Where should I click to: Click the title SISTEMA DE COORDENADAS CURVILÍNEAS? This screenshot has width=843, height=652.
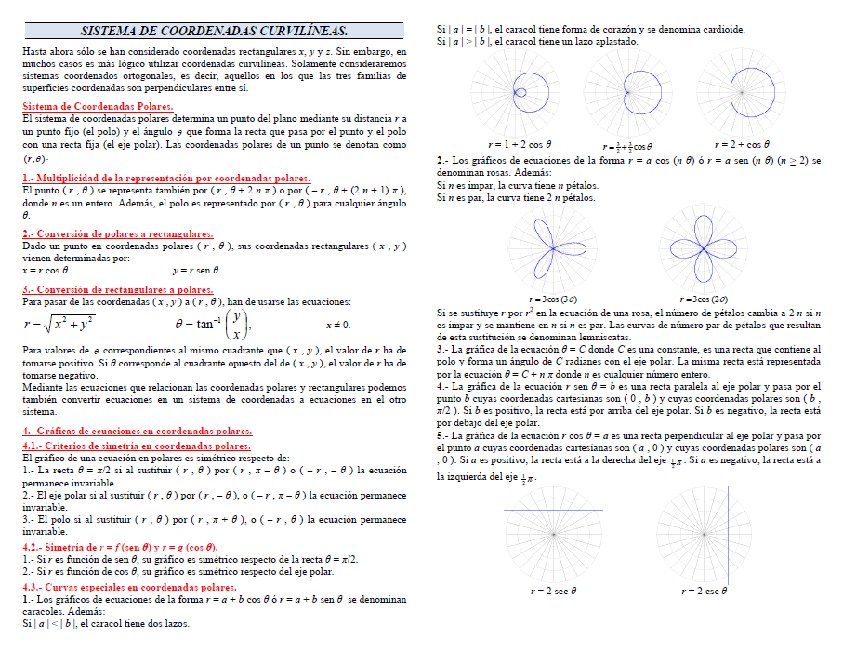214,31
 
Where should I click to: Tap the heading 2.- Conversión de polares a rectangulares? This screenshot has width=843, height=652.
118,234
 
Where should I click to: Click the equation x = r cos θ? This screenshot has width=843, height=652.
46,270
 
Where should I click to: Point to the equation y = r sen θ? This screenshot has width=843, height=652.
195,270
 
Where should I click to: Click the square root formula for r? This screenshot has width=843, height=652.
58,325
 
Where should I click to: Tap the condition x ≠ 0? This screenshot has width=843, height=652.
338,326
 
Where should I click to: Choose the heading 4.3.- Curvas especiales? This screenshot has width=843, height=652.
129,588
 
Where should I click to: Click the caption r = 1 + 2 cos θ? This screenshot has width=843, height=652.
520,145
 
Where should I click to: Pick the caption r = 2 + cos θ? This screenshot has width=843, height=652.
742,145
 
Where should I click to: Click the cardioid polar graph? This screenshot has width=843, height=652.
627,91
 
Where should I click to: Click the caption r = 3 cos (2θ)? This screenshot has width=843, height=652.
705,299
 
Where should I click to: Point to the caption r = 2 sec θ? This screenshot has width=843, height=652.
553,591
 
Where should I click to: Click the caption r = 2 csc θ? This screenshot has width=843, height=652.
704,591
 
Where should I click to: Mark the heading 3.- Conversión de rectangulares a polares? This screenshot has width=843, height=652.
118,289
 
